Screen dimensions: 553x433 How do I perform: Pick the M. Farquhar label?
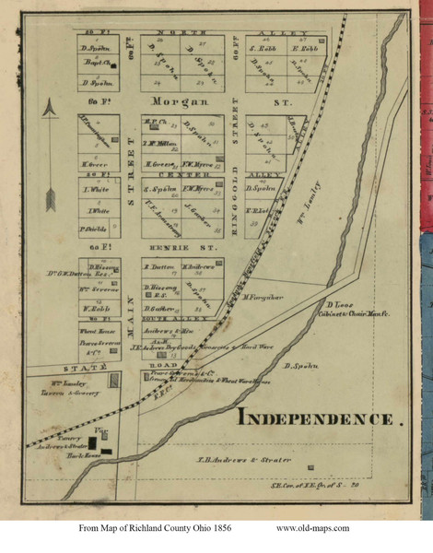pos(263,297)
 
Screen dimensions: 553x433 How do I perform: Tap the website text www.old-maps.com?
pos(312,528)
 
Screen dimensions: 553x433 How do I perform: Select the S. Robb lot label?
pos(264,48)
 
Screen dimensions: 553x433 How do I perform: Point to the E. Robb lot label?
pos(304,48)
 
